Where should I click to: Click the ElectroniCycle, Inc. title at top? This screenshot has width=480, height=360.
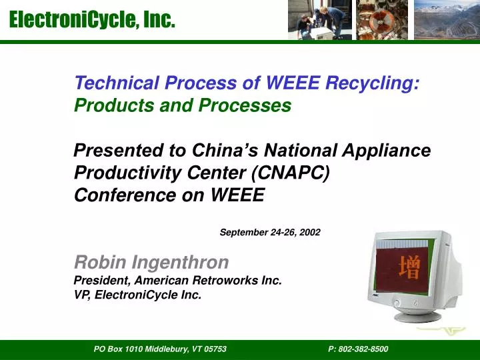point(92,22)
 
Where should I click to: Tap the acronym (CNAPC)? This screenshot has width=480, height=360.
point(292,173)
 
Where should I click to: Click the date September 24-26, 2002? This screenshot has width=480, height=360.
point(270,233)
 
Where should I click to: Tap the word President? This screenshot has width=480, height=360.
point(100,281)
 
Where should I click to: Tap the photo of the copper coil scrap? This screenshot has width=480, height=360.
point(382,20)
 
